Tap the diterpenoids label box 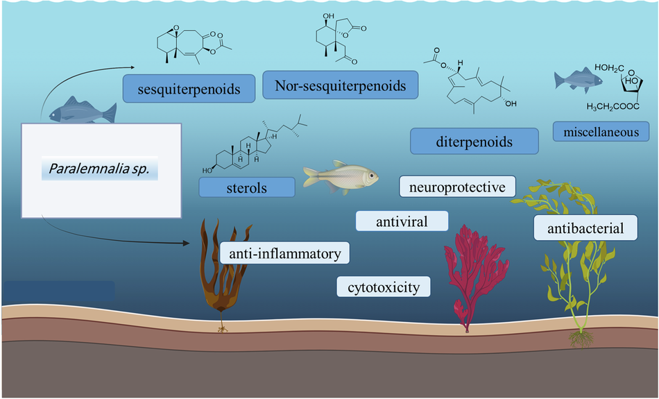[x=474, y=142]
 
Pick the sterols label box [x=246, y=187]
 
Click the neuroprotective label [x=457, y=186]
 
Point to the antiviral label [x=401, y=221]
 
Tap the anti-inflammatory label [x=284, y=253]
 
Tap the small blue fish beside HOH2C [x=572, y=80]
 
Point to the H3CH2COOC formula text [x=614, y=107]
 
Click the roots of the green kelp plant [x=579, y=338]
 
